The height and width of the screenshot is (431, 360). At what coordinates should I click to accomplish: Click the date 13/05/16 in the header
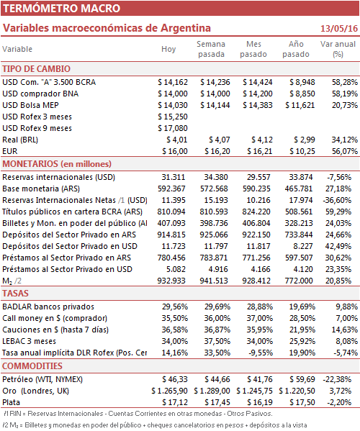(339, 28)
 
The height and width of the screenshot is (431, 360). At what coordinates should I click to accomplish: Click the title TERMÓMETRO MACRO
(62, 8)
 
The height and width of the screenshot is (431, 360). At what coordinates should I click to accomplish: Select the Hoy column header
(168, 49)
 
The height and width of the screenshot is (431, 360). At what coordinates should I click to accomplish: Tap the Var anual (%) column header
(338, 49)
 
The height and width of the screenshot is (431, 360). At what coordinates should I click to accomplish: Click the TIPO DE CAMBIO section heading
(36, 69)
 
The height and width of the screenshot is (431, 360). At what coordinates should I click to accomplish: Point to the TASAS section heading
(15, 294)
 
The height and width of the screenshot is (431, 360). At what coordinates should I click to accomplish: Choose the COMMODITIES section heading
(32, 366)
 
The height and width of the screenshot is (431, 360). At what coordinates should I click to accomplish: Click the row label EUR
(10, 151)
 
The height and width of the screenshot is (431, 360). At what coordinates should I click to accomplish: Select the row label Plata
(12, 402)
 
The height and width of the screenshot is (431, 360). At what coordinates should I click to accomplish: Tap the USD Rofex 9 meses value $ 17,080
(173, 128)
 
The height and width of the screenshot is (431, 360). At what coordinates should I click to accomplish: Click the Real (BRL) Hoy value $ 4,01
(177, 140)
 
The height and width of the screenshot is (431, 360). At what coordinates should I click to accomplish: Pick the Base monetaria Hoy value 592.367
(171, 189)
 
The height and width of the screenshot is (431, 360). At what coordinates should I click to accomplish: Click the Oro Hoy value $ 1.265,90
(169, 391)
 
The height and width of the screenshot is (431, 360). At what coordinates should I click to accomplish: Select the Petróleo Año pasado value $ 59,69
(302, 379)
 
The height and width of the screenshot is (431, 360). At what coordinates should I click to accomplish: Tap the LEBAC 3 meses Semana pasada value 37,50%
(217, 341)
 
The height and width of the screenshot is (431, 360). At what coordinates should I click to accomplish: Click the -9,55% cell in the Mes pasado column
(261, 353)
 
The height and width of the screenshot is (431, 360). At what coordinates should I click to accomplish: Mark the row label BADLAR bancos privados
(48, 307)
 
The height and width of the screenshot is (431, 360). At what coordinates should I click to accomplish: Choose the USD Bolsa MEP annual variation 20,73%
(345, 105)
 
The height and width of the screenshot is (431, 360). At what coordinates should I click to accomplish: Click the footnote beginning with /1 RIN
(138, 414)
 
